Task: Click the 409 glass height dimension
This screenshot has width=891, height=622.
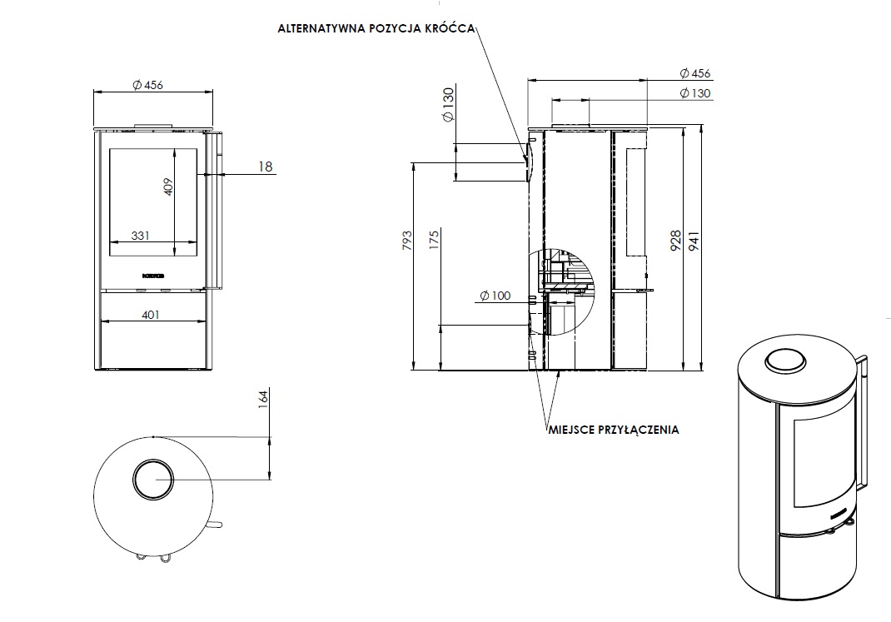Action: click(167, 186)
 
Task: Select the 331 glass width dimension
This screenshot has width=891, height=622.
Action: click(141, 236)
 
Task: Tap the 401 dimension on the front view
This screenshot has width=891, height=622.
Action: click(151, 315)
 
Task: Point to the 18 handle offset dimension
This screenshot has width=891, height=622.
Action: click(265, 167)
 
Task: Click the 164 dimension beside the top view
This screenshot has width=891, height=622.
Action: click(262, 400)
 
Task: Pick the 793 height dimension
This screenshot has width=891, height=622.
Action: click(406, 238)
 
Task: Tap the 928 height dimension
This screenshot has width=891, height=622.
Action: click(675, 241)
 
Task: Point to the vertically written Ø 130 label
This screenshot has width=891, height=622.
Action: click(449, 105)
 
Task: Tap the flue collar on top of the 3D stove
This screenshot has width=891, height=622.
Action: click(784, 361)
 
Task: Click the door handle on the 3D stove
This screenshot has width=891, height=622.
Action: click(864, 420)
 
